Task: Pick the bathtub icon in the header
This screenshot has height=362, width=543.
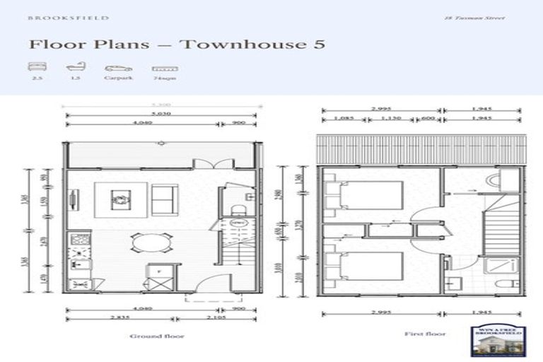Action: (x=75, y=69)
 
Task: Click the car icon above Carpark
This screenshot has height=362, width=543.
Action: (x=118, y=69)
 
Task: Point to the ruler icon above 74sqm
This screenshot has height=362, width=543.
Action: (x=164, y=69)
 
